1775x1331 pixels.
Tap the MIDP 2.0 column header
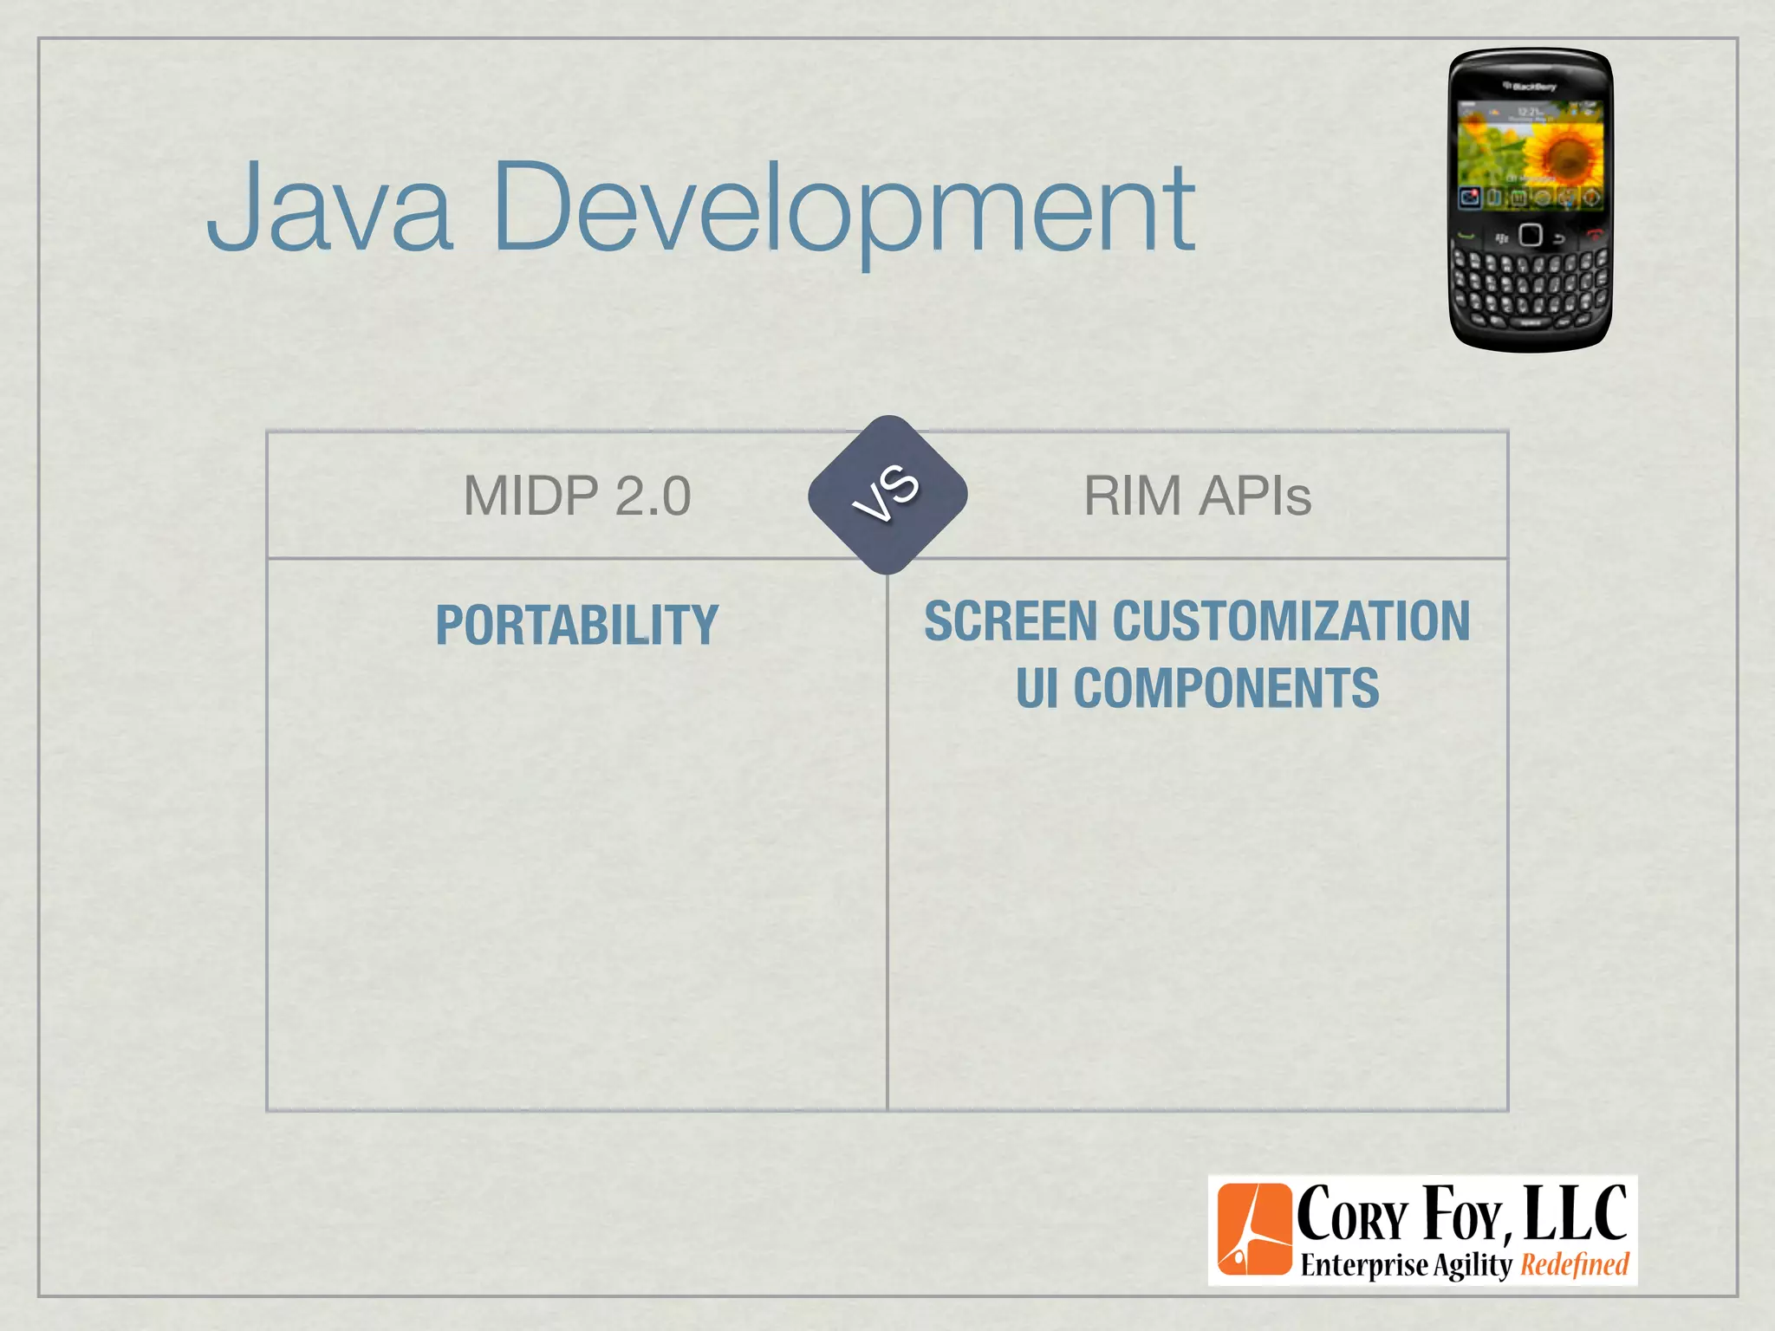pyautogui.click(x=577, y=496)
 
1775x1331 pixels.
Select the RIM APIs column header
pyautogui.click(x=1197, y=496)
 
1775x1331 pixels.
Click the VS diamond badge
pyautogui.click(x=887, y=495)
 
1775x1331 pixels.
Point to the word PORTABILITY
pyautogui.click(x=577, y=625)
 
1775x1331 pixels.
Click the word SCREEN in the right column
pyautogui.click(x=1011, y=621)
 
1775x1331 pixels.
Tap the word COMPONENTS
pyautogui.click(x=1226, y=688)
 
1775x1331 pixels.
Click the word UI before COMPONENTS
pyautogui.click(x=1037, y=688)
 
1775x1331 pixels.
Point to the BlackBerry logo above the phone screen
pyautogui.click(x=1531, y=87)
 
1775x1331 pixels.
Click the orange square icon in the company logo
pyautogui.click(x=1254, y=1230)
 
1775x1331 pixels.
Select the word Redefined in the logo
pyautogui.click(x=1575, y=1265)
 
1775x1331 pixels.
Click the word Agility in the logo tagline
pyautogui.click(x=1472, y=1265)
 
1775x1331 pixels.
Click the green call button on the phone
pyautogui.click(x=1466, y=236)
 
